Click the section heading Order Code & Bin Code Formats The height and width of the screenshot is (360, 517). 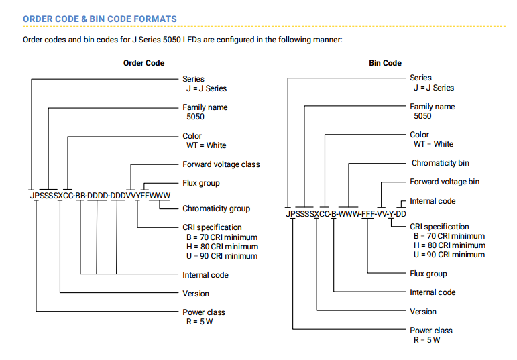click(99, 19)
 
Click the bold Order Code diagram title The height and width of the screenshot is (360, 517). click(143, 63)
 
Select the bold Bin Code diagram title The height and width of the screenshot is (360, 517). click(385, 63)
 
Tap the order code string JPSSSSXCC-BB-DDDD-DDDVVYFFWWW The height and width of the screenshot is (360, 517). click(100, 196)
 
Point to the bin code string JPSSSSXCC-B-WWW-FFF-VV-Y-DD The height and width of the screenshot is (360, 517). click(346, 214)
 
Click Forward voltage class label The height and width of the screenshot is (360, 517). click(221, 164)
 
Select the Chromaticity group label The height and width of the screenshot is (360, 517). click(217, 208)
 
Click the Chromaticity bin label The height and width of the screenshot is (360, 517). click(440, 163)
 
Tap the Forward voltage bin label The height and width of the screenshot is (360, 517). click(445, 182)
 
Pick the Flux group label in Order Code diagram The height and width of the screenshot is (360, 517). click(201, 183)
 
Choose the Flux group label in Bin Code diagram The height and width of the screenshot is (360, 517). click(428, 274)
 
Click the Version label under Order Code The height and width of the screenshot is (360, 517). click(196, 294)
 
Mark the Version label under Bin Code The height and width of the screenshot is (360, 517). click(423, 312)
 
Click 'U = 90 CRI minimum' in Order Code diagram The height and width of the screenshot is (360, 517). click(222, 256)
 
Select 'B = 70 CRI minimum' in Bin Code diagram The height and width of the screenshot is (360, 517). click(449, 236)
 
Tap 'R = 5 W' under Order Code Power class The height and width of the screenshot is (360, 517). click(199, 322)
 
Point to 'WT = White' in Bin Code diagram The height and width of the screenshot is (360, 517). click(433, 144)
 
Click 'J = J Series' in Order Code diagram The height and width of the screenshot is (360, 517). click(207, 88)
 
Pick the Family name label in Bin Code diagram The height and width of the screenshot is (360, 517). click(433, 107)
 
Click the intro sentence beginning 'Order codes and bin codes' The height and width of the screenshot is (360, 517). click(182, 40)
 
